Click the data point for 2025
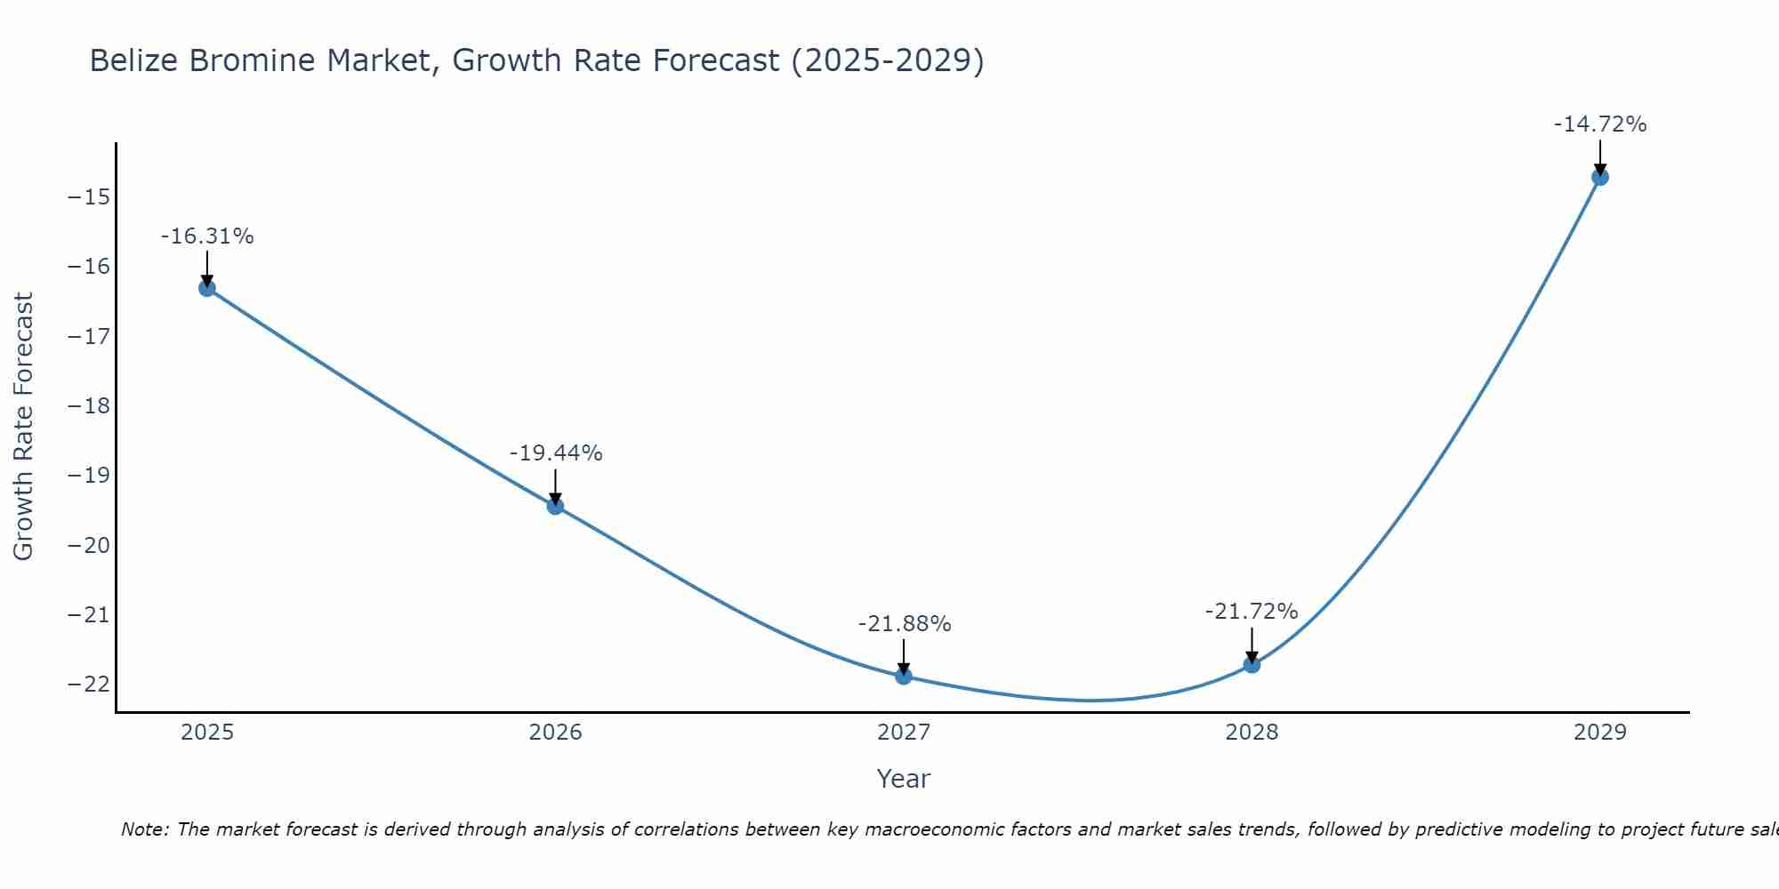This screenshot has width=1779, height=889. pos(207,288)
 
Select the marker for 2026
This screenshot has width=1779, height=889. pos(555,507)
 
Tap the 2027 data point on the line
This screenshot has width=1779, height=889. pos(904,677)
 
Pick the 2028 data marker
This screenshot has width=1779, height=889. pos(1252,664)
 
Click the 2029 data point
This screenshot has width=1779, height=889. pos(1600,177)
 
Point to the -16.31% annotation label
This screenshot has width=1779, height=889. pos(207,236)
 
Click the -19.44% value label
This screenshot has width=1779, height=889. pos(556,453)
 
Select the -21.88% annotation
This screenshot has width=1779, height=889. pos(905,624)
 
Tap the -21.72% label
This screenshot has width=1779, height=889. pos(1252,612)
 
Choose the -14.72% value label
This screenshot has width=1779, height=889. pos(1600,124)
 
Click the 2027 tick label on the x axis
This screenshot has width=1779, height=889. pos(904,733)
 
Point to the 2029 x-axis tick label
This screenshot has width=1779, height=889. pos(1600,733)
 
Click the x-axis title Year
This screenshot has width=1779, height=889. pos(904,779)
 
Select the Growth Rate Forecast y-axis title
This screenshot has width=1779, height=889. pos(23,427)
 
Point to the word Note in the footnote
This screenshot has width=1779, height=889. pos(143,829)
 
